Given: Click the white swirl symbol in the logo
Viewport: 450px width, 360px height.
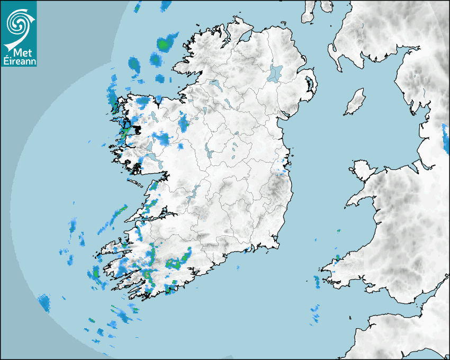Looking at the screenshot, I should (17, 23).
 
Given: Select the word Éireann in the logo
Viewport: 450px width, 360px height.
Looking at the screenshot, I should (18, 61).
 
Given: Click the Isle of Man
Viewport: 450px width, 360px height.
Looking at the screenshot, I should (355, 102).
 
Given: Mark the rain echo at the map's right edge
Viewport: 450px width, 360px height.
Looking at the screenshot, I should (445, 136).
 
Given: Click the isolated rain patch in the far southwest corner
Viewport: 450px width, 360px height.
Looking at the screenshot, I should (43, 303).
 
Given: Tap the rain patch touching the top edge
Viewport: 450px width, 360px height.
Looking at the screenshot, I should (138, 6).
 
